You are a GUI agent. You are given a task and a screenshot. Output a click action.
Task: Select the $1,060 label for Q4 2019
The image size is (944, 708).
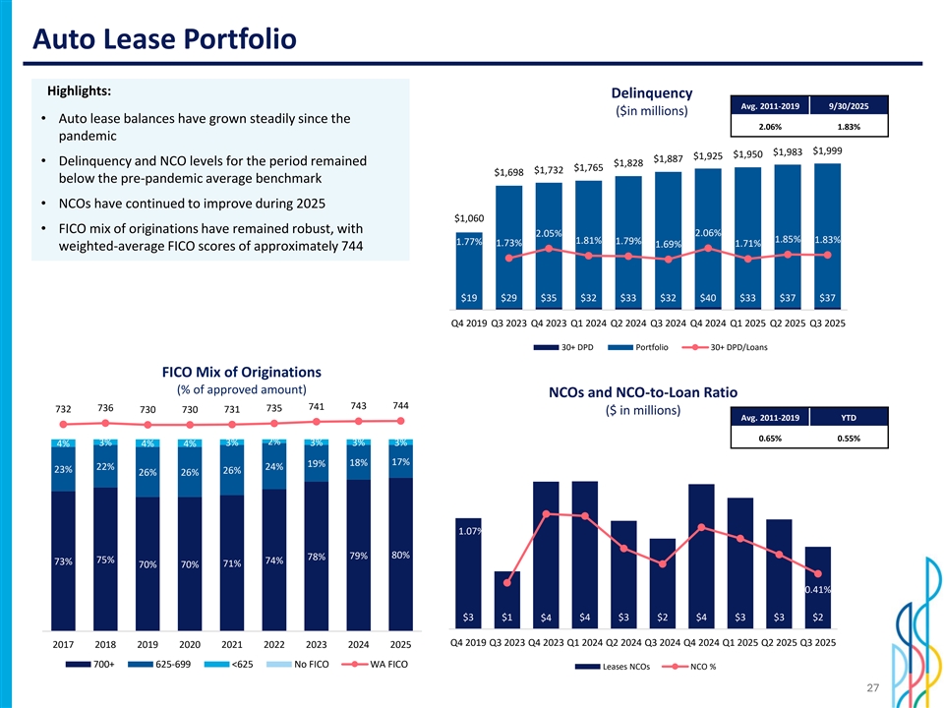point(469,217)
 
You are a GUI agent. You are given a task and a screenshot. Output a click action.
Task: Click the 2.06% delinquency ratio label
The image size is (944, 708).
point(708,232)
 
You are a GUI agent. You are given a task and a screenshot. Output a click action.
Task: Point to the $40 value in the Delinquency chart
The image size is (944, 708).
point(708,297)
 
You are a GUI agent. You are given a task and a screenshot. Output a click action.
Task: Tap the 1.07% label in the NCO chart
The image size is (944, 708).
point(469,532)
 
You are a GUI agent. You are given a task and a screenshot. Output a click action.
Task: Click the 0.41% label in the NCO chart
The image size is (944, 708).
point(819,589)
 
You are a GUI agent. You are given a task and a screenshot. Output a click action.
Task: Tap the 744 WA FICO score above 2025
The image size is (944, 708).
point(400,406)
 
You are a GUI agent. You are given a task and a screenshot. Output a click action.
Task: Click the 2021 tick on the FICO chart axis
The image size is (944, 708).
point(232,645)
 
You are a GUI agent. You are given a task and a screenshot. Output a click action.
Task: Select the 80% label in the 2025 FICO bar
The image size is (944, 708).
point(400,555)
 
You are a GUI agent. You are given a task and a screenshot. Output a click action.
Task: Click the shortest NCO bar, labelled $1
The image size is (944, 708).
point(507,600)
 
